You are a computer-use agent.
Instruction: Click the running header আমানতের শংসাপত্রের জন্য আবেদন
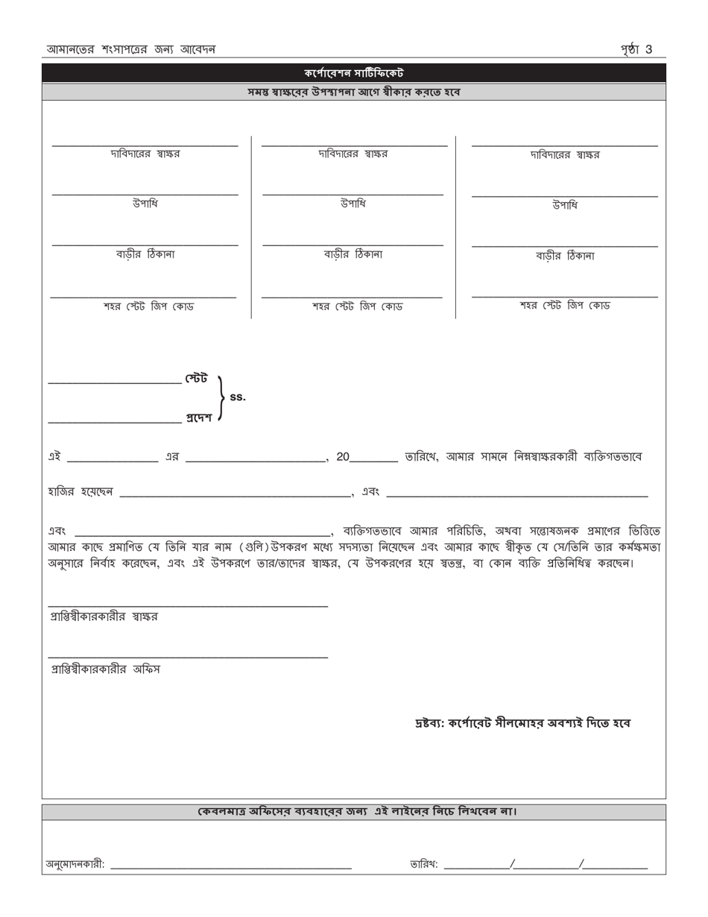[131, 50]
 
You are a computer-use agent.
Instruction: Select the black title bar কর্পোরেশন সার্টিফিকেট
[354, 73]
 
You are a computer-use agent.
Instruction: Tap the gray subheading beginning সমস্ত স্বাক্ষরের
[354, 92]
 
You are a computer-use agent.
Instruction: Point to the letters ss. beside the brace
[238, 397]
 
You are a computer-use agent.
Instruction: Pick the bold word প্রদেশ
[198, 417]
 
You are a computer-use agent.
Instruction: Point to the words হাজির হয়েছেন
[80, 492]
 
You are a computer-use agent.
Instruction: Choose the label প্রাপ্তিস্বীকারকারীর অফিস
[104, 669]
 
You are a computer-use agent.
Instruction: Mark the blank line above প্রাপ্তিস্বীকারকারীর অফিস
[188, 657]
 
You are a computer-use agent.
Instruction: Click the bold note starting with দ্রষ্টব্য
[522, 723]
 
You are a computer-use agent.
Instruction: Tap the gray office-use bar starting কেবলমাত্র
[354, 811]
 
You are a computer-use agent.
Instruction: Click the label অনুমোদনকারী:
[75, 865]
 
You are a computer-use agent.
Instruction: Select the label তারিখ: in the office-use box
[424, 865]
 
